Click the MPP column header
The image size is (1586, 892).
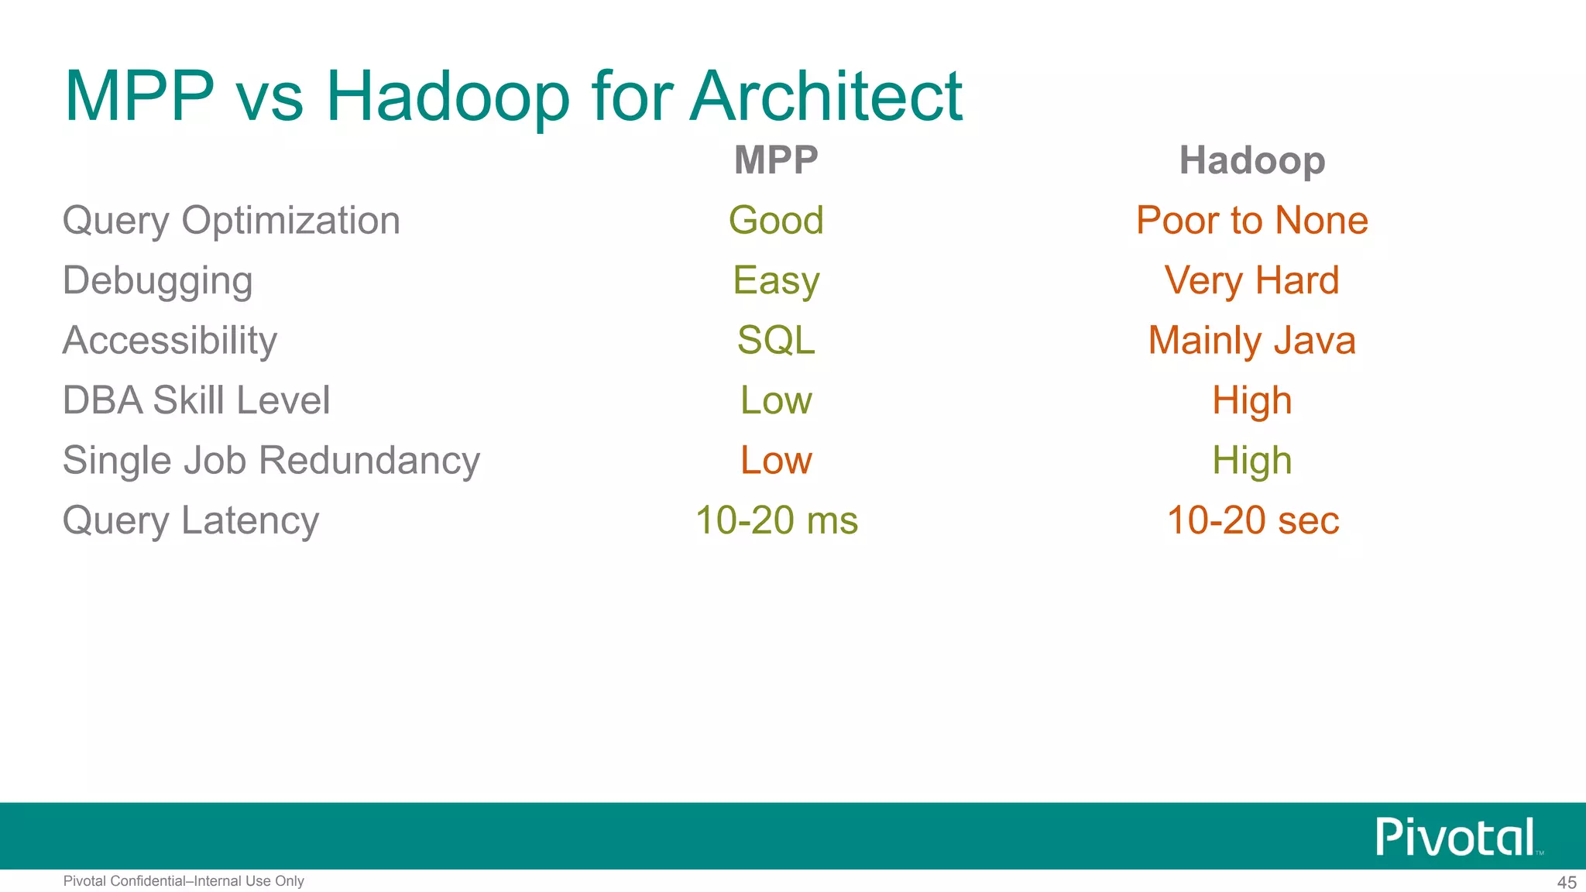coord(776,160)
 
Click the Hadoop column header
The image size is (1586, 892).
coord(1251,160)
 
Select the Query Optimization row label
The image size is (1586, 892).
coord(231,221)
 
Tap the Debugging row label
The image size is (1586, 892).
coord(157,280)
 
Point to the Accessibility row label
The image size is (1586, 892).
coord(170,341)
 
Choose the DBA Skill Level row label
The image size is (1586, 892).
coord(196,400)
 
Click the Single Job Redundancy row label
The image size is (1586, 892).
coord(271,461)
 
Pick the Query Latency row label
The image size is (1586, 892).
coord(191,520)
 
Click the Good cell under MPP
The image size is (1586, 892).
coord(776,221)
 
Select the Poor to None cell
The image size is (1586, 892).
coord(1251,221)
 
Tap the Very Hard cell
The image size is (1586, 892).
coord(1251,280)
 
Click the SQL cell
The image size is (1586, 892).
coord(776,341)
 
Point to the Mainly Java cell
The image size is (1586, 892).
coord(1251,341)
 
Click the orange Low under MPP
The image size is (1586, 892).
coord(776,461)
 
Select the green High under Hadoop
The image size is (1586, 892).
coord(1251,461)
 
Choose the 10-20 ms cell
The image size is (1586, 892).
coord(776,520)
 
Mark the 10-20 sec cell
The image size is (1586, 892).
coord(1252,520)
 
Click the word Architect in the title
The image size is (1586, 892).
coord(826,96)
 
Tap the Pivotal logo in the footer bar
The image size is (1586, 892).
coord(1456,837)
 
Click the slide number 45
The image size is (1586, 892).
coord(1567,883)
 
